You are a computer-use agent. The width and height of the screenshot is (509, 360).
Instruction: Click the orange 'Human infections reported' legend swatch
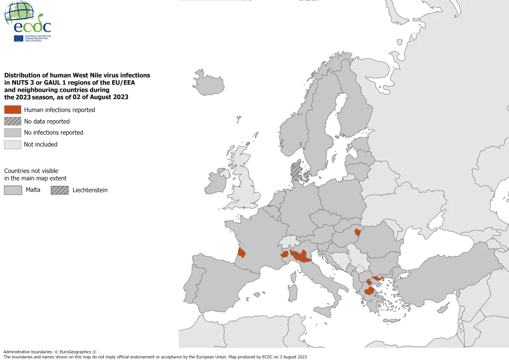coord(13,110)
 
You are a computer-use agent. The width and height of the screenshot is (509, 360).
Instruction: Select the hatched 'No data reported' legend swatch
coord(13,121)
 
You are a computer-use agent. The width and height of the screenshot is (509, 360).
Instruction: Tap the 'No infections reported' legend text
coord(53,132)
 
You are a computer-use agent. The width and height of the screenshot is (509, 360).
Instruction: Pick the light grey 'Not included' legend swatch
coord(13,144)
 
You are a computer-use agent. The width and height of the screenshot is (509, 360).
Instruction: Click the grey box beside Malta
coord(13,190)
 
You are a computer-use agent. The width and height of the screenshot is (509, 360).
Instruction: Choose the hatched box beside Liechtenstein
coord(59,190)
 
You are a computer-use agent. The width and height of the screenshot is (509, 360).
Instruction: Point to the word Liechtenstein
coord(90,190)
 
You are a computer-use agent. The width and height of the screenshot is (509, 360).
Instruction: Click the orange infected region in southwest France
coord(242,253)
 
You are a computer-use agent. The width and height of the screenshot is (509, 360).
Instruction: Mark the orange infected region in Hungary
coord(357,232)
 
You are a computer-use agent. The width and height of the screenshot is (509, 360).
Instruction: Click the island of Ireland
coord(216,182)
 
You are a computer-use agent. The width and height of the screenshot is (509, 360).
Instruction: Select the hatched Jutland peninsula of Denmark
coord(295,170)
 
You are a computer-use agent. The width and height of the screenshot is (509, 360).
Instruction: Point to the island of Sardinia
coord(292,293)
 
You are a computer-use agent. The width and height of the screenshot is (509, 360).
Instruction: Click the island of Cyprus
coord(443,309)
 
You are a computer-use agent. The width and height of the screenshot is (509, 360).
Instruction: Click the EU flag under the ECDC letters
coord(18,39)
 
